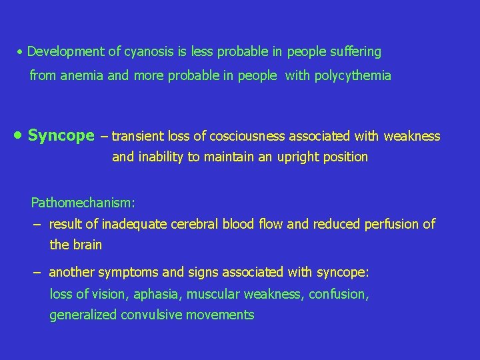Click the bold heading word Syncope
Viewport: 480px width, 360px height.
pyautogui.click(x=61, y=136)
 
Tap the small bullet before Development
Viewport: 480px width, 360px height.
pyautogui.click(x=21, y=52)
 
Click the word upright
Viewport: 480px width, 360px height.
pyautogui.click(x=295, y=157)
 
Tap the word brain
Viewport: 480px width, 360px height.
pyautogui.click(x=87, y=245)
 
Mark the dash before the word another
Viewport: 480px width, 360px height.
pyautogui.click(x=37, y=272)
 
